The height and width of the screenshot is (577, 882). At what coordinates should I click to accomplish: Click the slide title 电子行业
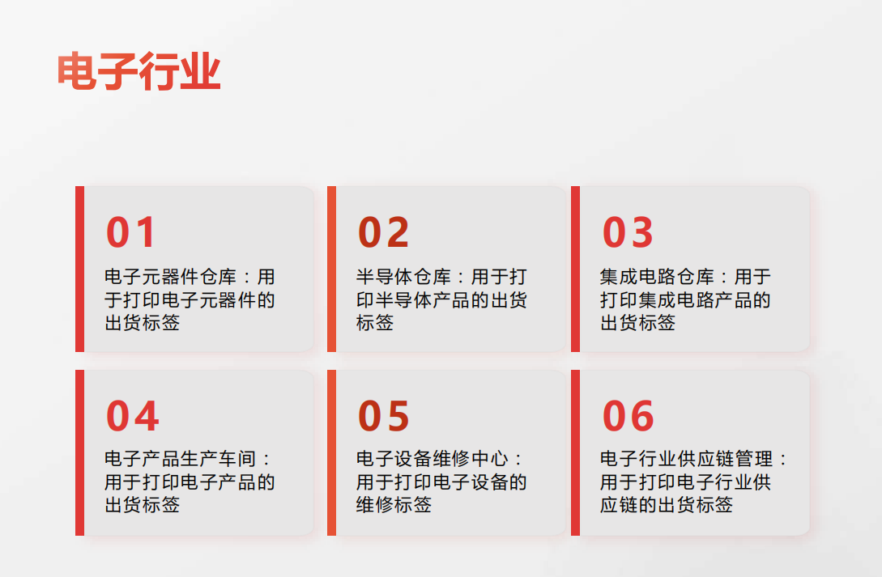[138, 71]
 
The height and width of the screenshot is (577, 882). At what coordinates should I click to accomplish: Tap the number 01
[130, 232]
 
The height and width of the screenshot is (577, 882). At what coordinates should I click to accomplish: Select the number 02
[383, 232]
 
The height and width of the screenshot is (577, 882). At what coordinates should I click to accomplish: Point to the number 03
[627, 232]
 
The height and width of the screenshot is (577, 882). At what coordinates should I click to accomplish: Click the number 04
[132, 416]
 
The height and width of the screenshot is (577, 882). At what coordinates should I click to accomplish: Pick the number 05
[383, 416]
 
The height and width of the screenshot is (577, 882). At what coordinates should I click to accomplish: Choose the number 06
[628, 416]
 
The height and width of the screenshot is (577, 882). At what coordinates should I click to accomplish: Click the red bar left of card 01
[80, 269]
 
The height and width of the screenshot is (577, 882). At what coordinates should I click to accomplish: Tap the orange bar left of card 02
[332, 269]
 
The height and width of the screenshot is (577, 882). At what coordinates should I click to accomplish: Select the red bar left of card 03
[575, 269]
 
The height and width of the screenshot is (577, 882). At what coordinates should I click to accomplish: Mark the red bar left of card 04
[80, 453]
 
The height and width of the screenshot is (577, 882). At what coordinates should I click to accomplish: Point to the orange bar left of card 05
[332, 453]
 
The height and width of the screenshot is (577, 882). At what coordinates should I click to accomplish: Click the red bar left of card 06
[575, 453]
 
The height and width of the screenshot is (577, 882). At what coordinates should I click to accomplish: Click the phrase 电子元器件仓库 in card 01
[170, 277]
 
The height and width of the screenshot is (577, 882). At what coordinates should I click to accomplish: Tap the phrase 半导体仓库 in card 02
[403, 277]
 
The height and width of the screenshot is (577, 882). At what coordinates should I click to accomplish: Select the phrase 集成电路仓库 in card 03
[657, 277]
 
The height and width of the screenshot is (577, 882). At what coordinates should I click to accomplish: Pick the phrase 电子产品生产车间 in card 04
[180, 459]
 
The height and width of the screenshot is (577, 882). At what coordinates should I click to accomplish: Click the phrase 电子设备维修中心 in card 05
[432, 459]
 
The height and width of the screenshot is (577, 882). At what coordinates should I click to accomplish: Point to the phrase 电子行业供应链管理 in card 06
[686, 459]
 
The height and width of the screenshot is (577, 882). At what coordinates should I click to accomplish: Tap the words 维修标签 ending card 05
[394, 504]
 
